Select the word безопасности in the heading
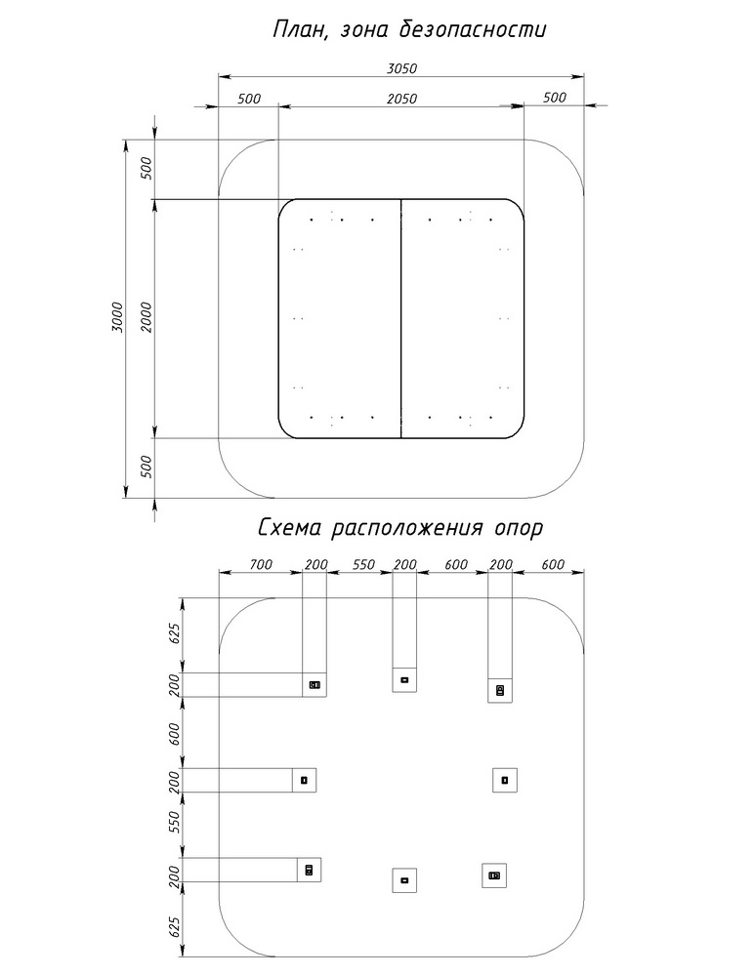click(x=473, y=30)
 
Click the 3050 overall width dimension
click(x=401, y=68)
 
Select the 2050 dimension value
click(x=401, y=98)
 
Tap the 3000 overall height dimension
click(x=117, y=318)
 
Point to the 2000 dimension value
click(x=147, y=318)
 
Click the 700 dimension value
click(x=259, y=565)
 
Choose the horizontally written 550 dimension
click(x=363, y=565)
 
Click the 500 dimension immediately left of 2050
click(x=249, y=98)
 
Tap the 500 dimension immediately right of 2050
click(x=554, y=98)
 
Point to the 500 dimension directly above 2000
click(x=147, y=169)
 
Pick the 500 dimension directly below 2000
click(x=147, y=467)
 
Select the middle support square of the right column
click(x=505, y=780)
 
